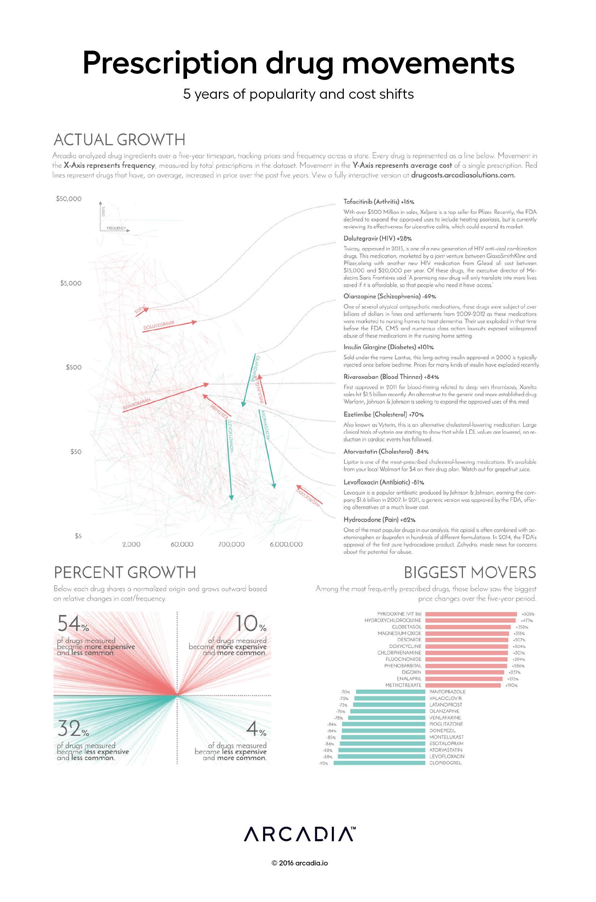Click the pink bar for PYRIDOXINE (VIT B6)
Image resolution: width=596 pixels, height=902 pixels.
click(x=470, y=614)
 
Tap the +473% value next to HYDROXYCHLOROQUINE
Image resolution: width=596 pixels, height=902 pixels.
click(x=527, y=621)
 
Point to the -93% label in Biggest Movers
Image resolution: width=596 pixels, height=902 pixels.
click(x=323, y=763)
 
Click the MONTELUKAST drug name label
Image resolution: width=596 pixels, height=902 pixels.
click(x=446, y=737)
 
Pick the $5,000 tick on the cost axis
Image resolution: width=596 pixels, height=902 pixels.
click(x=71, y=283)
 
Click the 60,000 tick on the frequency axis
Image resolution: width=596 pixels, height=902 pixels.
click(x=182, y=545)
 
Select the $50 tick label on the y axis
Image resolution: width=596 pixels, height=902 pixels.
click(x=76, y=452)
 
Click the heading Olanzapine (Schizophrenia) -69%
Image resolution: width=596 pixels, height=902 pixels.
click(x=390, y=296)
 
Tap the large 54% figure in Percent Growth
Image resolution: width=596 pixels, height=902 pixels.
click(x=73, y=624)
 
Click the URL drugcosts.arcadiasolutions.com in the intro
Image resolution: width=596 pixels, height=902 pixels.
click(x=463, y=175)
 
